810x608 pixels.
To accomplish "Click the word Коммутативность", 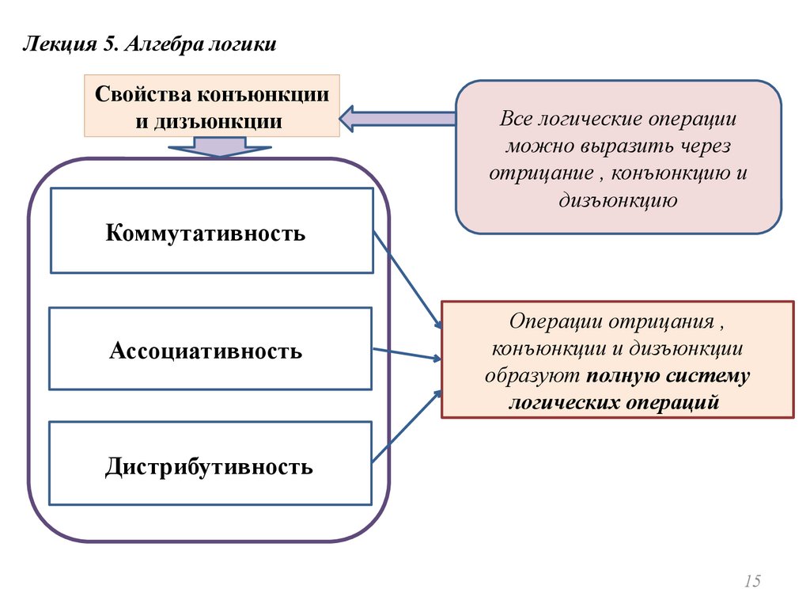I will (x=205, y=234).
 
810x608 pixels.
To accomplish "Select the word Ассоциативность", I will (x=206, y=350).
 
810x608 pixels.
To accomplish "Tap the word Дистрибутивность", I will (x=209, y=466).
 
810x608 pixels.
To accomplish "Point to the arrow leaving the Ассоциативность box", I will (x=407, y=354).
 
